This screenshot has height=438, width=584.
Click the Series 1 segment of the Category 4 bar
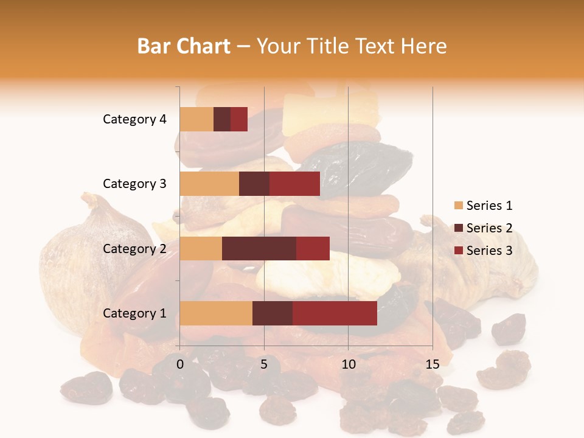click(x=196, y=119)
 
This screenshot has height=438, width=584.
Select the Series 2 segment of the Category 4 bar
click(x=222, y=119)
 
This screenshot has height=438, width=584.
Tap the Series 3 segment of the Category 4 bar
click(x=239, y=119)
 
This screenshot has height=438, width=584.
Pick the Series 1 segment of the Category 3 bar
click(x=209, y=184)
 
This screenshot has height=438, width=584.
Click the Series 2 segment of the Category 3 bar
click(x=254, y=184)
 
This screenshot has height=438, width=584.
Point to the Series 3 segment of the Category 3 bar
click(x=294, y=184)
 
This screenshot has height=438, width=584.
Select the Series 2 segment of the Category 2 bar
click(x=259, y=248)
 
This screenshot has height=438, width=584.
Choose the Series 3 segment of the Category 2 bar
click(x=313, y=248)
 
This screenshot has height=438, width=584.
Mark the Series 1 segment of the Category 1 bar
click(x=216, y=313)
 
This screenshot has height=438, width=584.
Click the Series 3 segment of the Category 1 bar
click(x=335, y=313)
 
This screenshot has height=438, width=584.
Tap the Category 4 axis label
click(x=134, y=119)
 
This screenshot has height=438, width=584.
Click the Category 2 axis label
click(x=134, y=248)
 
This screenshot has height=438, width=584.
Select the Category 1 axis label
click(x=134, y=313)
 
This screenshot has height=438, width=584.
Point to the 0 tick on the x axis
click(x=180, y=364)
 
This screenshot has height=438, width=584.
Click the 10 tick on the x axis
click(x=348, y=364)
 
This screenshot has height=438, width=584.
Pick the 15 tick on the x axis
click(x=432, y=364)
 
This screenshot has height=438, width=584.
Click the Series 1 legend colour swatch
click(x=459, y=206)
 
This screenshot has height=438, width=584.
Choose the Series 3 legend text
click(x=489, y=251)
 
